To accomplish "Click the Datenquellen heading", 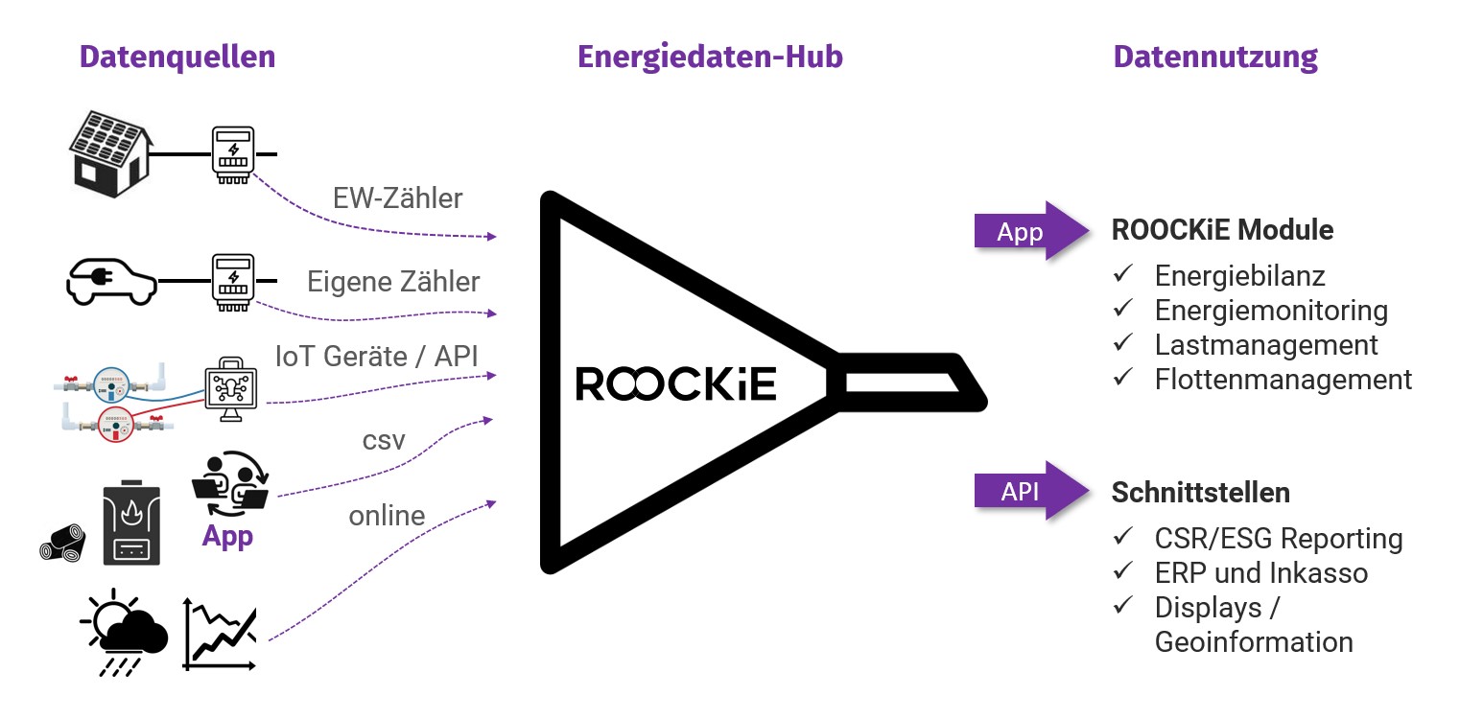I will point(177,57).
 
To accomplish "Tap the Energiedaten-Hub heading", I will point(710,57).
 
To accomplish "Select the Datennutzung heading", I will point(1215,57).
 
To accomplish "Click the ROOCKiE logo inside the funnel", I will point(676,383).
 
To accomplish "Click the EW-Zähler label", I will point(397,198).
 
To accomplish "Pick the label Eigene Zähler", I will point(393,282).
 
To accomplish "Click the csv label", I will point(384,442).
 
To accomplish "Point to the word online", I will point(387,516).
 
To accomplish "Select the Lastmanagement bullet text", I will point(1266,344).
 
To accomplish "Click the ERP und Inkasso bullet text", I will point(1261,573).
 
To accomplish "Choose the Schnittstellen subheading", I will point(1200,493).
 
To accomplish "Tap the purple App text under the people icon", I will point(227,536).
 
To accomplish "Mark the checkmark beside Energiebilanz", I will point(1121,276).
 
